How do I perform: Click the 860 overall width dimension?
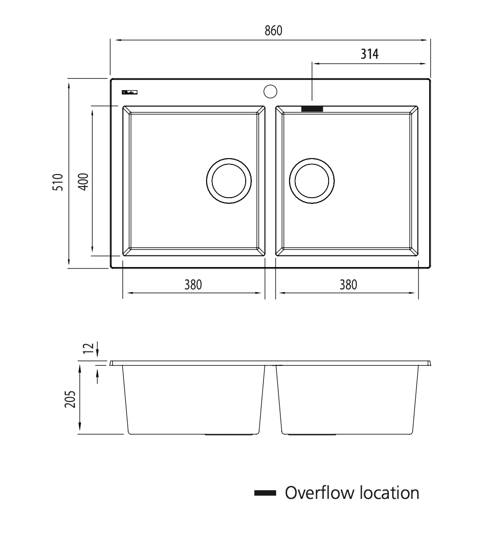click(273, 30)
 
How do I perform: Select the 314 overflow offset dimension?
click(369, 54)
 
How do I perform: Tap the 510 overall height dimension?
click(58, 183)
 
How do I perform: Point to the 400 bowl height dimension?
click(82, 181)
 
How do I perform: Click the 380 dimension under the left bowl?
click(193, 284)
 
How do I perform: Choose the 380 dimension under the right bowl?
click(348, 284)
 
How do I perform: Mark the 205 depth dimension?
click(70, 399)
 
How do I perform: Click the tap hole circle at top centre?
click(270, 91)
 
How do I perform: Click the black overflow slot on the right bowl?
click(312, 109)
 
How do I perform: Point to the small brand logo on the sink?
click(130, 92)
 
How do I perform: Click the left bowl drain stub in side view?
click(229, 435)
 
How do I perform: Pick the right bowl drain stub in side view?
click(312, 435)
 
